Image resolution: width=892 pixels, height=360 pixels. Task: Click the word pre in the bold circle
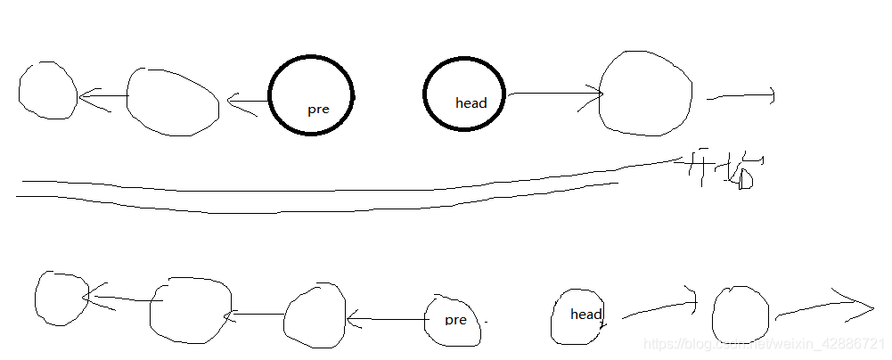[318, 110]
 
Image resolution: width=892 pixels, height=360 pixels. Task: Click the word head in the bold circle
[471, 103]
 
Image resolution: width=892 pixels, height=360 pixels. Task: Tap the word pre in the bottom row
[455, 320]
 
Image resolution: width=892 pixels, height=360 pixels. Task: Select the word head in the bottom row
[586, 314]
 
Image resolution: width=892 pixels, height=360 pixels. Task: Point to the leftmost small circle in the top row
[48, 91]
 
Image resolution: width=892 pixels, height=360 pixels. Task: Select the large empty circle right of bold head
[646, 94]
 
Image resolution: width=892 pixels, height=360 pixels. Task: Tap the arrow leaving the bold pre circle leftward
[249, 103]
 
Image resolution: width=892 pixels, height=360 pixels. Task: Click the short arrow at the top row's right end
[741, 96]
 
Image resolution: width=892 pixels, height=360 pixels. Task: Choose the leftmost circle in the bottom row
[61, 297]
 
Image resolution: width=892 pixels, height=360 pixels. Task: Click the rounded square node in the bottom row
[190, 309]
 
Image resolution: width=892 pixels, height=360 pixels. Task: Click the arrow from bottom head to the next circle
[658, 307]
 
